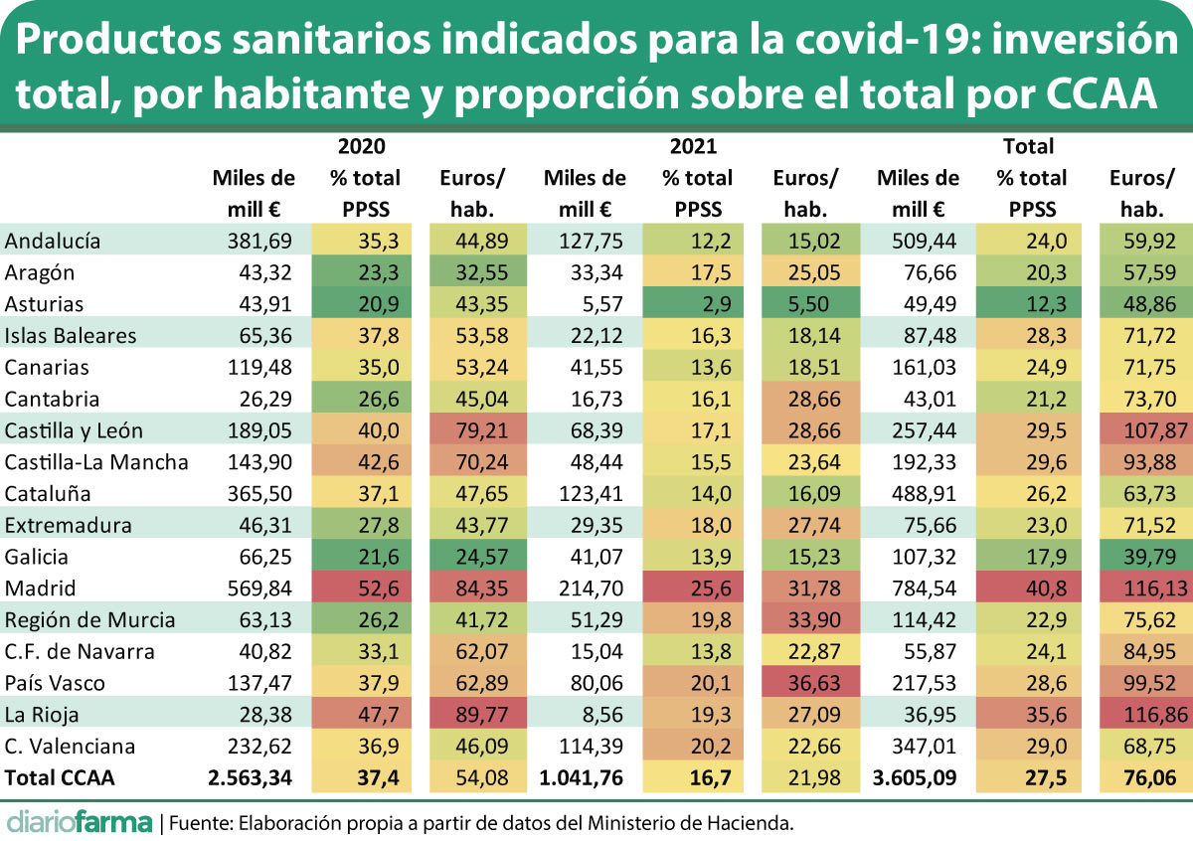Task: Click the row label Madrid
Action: (40, 589)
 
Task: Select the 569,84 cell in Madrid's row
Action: (261, 589)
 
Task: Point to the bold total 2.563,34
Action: (250, 779)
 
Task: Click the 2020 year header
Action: (364, 147)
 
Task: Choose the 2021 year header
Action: (694, 147)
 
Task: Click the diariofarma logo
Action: (80, 822)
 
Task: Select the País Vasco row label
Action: (55, 684)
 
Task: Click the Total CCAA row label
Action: (60, 779)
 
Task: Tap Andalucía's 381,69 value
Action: (261, 240)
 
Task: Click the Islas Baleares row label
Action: (71, 335)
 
